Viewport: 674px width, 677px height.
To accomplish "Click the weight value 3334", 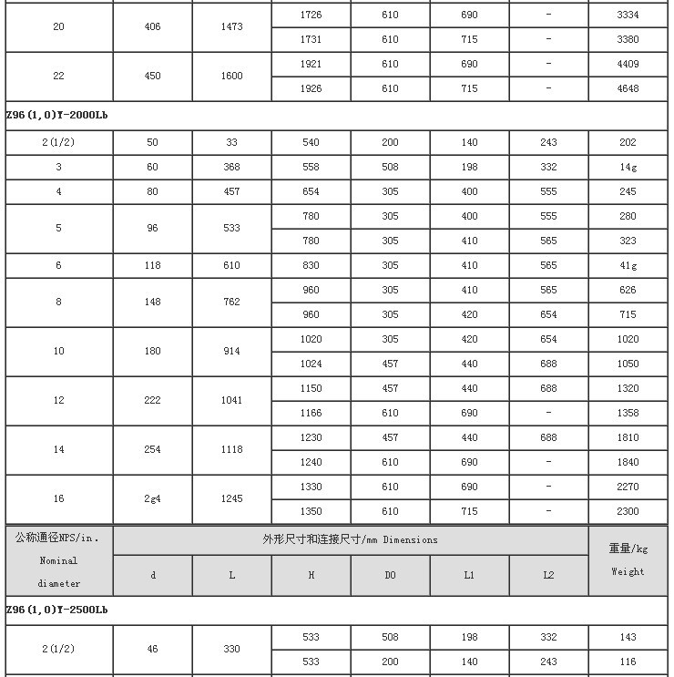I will [x=628, y=15].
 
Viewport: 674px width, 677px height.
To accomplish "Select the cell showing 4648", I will [x=628, y=89].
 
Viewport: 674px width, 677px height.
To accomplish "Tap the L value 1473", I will [x=231, y=27].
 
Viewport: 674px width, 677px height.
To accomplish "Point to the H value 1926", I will [x=311, y=89].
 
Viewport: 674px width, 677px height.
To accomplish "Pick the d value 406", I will [x=152, y=27].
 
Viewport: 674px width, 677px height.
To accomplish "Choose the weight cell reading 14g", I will [x=628, y=168].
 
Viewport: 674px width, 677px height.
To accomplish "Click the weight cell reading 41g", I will [x=628, y=266].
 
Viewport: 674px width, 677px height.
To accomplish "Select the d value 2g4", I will [x=152, y=499].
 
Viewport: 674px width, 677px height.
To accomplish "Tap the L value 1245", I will [x=231, y=499].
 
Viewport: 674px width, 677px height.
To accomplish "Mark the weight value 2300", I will [x=628, y=512].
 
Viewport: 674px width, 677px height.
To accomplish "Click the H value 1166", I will [x=311, y=414].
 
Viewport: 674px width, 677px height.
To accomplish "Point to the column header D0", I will [x=390, y=576].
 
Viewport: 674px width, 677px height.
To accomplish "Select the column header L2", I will [x=548, y=576].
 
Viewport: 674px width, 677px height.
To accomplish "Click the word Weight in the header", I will [x=628, y=572].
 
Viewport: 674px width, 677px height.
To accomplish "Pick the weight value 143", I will [x=628, y=638].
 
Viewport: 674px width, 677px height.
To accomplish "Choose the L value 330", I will [x=231, y=650].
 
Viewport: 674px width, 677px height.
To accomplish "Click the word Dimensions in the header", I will [x=410, y=540].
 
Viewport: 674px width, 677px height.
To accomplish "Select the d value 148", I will [x=152, y=303].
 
